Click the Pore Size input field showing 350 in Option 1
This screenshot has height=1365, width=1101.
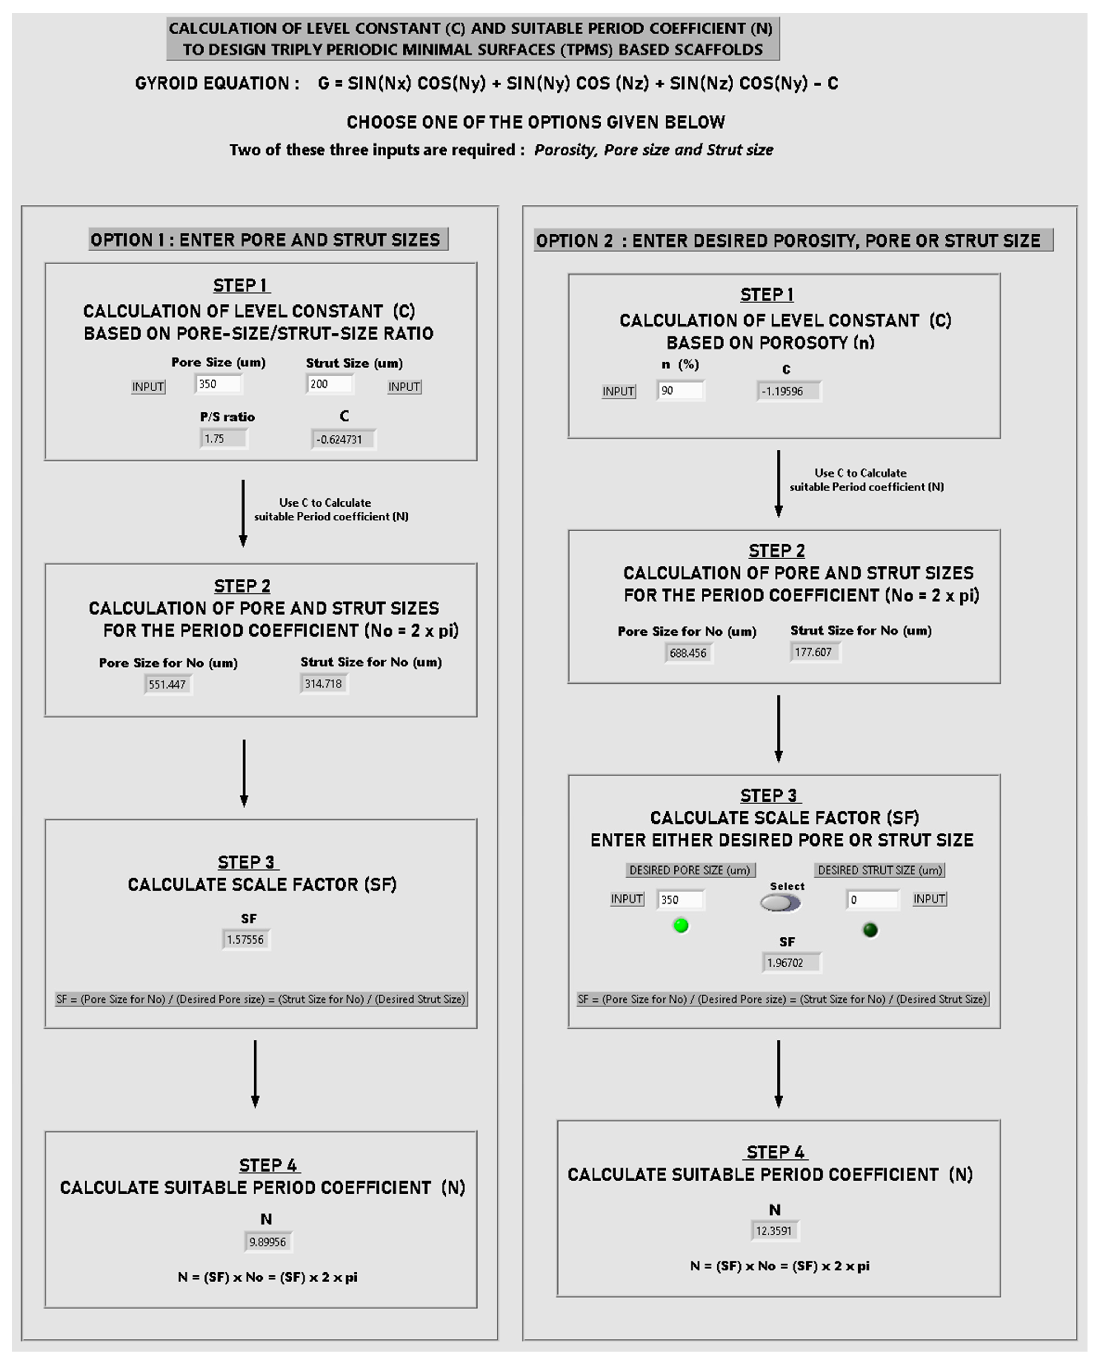click(218, 384)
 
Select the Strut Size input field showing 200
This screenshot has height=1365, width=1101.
click(329, 384)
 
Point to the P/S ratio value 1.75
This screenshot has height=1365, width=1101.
click(223, 438)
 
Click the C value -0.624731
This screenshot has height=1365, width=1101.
click(343, 439)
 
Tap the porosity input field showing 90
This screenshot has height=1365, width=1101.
click(680, 391)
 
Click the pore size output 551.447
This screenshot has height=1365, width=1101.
click(167, 684)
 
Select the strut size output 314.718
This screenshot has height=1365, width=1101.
click(324, 684)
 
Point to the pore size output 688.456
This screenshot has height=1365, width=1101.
click(688, 653)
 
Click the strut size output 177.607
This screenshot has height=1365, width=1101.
click(814, 652)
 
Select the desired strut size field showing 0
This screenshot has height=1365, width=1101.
click(872, 900)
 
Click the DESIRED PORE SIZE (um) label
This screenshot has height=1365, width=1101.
click(690, 870)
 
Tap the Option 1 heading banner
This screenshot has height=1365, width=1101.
click(268, 240)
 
